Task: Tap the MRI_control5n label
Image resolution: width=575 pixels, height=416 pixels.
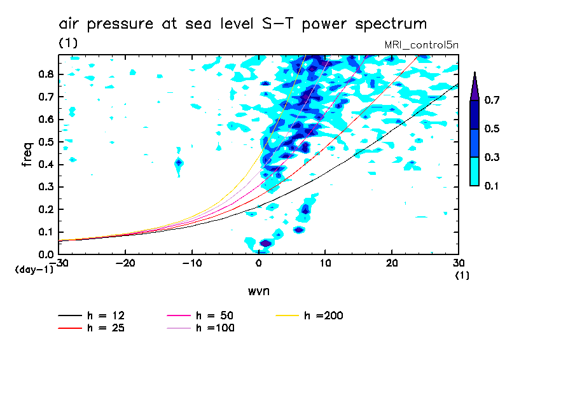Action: coord(421,45)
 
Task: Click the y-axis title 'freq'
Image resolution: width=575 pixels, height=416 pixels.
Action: coord(27,154)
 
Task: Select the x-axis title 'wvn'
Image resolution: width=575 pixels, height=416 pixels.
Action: coord(258,291)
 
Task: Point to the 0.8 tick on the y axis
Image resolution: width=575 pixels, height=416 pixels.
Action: coord(44,74)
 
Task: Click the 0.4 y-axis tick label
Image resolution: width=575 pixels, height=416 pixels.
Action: coord(44,165)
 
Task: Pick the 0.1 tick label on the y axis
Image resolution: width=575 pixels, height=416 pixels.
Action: coord(44,232)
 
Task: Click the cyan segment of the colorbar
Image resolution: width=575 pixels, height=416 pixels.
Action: coord(475,171)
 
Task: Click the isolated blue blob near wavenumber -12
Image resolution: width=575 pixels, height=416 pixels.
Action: coord(179,163)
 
